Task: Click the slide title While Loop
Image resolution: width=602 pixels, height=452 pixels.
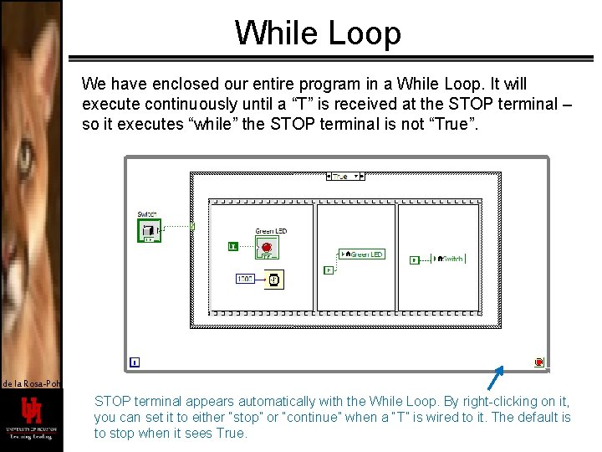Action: pos(318,33)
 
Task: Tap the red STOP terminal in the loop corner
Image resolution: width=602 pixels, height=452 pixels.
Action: pos(538,362)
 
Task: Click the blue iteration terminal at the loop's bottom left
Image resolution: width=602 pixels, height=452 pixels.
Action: pos(135,362)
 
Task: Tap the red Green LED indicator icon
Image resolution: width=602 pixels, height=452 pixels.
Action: pos(267,248)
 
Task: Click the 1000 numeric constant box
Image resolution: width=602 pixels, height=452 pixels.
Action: pos(245,279)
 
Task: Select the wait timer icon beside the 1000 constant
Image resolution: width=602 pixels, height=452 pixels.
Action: pos(273,279)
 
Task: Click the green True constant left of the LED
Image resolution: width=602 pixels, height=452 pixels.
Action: pos(233,246)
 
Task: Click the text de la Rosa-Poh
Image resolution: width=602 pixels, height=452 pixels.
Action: pos(31,383)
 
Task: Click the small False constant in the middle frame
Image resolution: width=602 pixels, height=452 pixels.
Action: pos(328,270)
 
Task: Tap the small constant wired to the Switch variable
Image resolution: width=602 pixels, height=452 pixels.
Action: pos(415,259)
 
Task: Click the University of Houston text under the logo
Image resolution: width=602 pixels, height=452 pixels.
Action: pos(31,432)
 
